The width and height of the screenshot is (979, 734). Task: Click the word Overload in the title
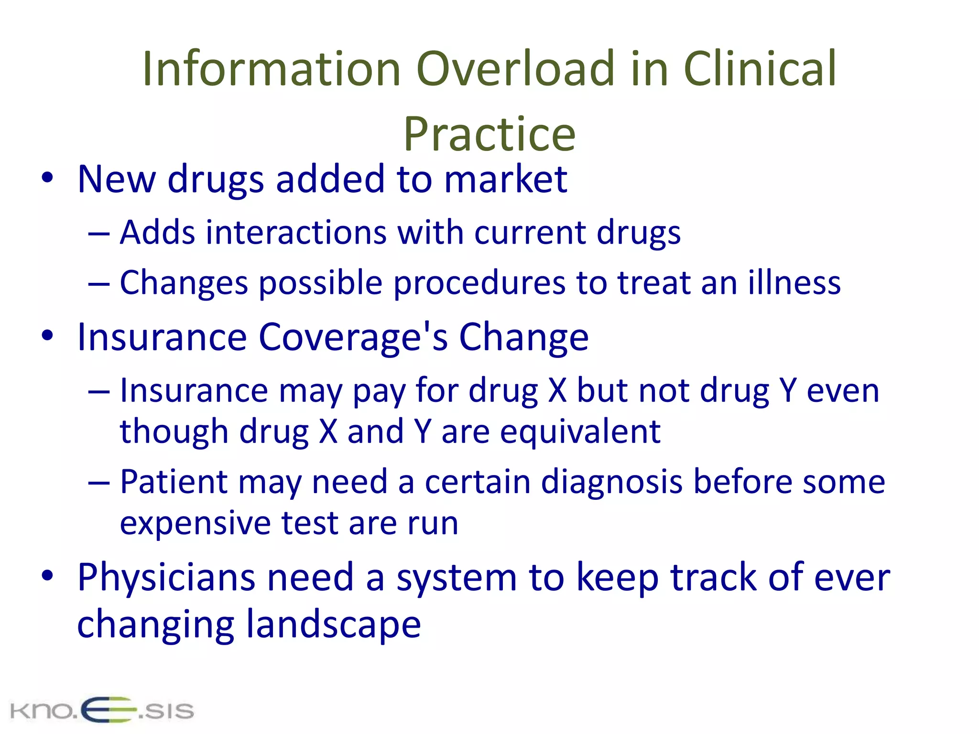(515, 69)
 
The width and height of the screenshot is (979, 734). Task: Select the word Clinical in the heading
(760, 69)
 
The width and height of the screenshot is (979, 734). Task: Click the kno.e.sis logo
(102, 710)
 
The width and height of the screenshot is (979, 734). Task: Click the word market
(505, 179)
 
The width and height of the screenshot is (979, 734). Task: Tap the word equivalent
(580, 432)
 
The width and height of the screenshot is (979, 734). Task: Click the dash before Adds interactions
(99, 234)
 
